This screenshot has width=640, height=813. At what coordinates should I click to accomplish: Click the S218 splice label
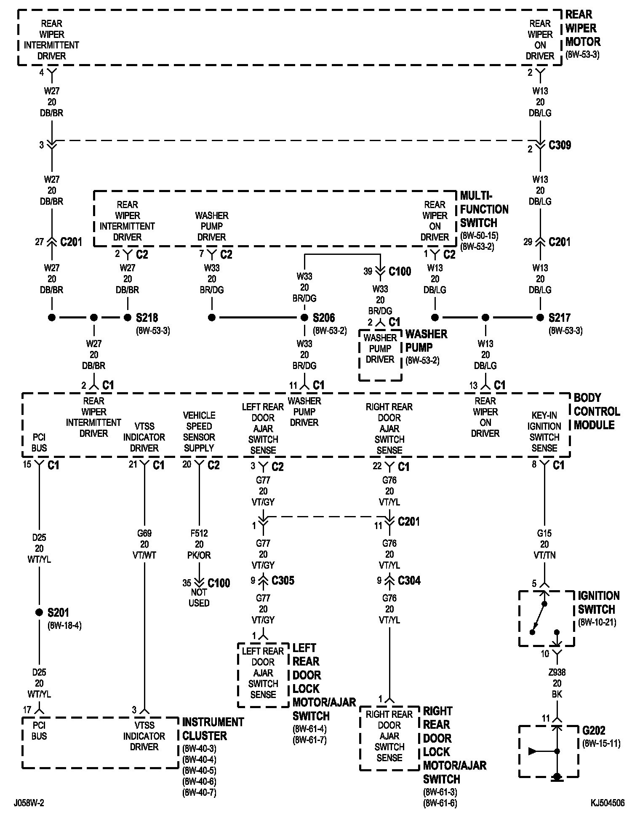point(147,318)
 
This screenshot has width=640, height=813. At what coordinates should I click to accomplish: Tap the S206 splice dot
point(304,318)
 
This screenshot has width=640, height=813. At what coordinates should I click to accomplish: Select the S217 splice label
point(559,318)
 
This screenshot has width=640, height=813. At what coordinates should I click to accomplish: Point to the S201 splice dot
point(39,612)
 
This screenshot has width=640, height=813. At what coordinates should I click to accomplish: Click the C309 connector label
point(560,145)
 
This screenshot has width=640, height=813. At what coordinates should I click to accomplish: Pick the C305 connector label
point(283,580)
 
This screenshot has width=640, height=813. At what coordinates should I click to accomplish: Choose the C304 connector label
point(409,580)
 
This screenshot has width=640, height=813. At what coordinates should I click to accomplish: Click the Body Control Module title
point(597,411)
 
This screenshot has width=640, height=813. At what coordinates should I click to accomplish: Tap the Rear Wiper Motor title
point(583,28)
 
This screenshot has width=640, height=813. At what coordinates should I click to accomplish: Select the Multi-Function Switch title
point(484,209)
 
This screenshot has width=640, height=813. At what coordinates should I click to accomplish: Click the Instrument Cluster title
point(213,729)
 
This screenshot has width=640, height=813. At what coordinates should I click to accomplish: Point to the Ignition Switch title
point(598,602)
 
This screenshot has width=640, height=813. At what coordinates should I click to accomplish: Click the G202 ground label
point(594,730)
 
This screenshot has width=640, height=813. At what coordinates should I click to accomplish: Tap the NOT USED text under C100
point(199,597)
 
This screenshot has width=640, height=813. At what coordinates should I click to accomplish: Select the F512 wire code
point(199,533)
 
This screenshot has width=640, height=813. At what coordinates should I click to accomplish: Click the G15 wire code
point(544,533)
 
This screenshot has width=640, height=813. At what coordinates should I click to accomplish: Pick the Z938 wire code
point(557,672)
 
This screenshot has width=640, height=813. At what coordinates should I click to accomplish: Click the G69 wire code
point(144,533)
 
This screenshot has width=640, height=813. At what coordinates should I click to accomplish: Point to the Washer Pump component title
point(426,341)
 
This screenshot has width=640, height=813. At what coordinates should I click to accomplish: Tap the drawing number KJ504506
point(607,803)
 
